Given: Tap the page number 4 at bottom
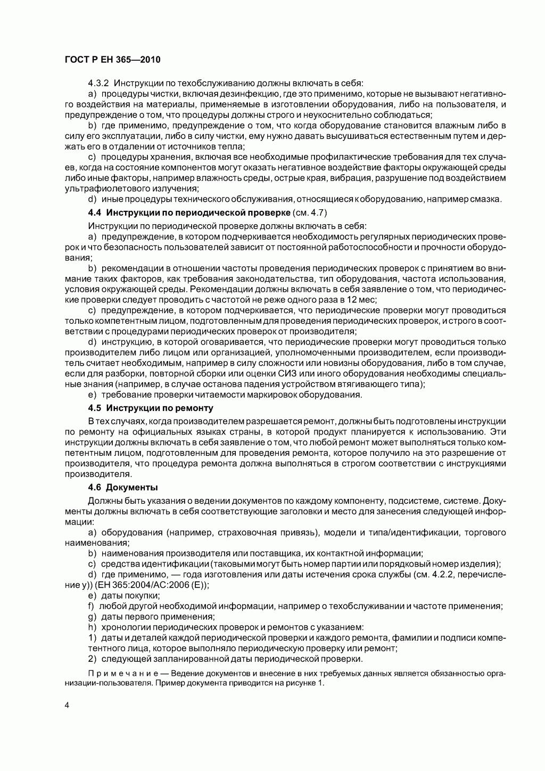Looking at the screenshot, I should pos(67,706).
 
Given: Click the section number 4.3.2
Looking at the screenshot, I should pos(98,83).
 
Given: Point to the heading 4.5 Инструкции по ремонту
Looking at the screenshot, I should pos(151,408).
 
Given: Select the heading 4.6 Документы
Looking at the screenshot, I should pos(123,487).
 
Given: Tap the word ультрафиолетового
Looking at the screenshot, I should pos(100,188).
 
